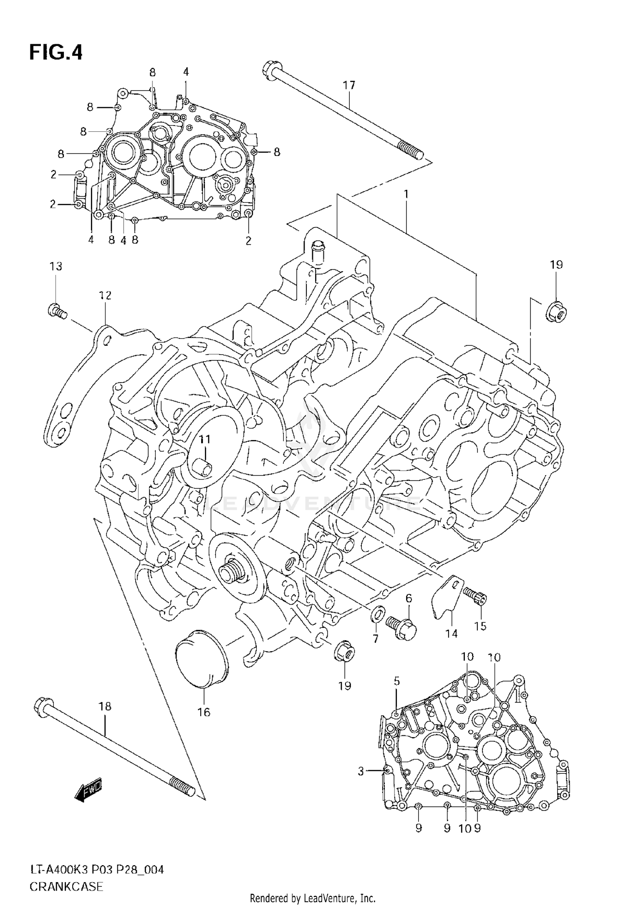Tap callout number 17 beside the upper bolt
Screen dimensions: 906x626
coord(349,85)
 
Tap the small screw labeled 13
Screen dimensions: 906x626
coord(56,310)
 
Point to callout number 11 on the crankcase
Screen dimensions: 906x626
coord(204,439)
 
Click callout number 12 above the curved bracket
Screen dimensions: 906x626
coord(105,296)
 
